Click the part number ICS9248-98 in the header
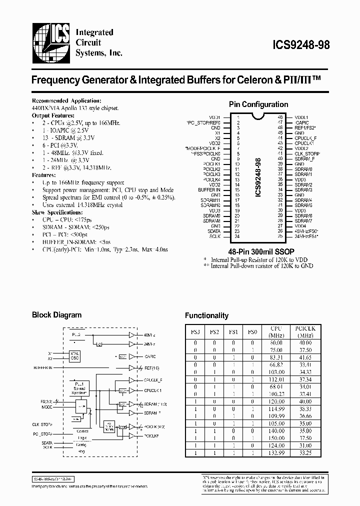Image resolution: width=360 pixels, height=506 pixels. click(x=294, y=44)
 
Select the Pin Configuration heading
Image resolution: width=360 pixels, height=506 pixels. click(x=258, y=104)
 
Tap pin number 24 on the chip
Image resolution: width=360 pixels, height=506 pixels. click(x=238, y=236)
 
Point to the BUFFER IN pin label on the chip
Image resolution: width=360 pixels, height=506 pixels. click(x=209, y=190)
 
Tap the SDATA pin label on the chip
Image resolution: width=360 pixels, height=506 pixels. click(x=213, y=231)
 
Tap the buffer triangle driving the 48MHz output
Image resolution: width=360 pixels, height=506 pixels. click(x=132, y=335)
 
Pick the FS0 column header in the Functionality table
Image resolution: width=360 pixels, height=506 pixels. click(x=253, y=331)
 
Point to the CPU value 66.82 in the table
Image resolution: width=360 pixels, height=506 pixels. click(x=276, y=365)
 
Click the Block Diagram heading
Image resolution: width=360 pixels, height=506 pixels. click(x=57, y=315)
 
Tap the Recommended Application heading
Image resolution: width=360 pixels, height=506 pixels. click(x=66, y=101)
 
